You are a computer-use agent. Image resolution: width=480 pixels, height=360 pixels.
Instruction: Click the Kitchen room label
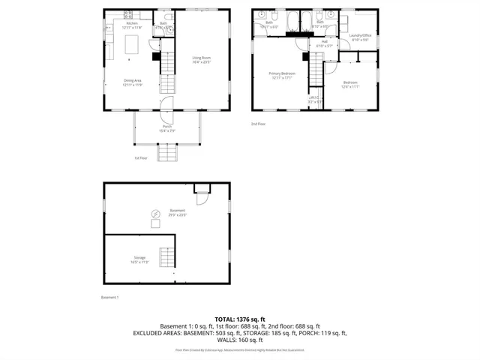point(132,24)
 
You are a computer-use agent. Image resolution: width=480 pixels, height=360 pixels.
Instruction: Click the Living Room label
point(201,59)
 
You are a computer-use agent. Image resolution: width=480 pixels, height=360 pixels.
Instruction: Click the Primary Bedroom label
point(282,74)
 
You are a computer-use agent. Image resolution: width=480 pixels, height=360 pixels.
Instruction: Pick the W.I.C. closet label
point(315,98)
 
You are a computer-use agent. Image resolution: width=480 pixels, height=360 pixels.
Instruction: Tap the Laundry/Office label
point(360,37)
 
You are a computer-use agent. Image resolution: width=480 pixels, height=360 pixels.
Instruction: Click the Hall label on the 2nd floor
point(325,43)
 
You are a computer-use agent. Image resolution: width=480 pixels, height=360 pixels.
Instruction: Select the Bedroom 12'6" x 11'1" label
point(351,84)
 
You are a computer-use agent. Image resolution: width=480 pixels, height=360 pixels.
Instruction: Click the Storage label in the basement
point(139,259)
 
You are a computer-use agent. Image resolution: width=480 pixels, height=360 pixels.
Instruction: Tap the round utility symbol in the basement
point(155,213)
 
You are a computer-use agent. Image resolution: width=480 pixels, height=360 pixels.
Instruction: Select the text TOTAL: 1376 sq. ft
point(239,319)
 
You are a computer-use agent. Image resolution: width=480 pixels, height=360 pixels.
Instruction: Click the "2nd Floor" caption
point(259,124)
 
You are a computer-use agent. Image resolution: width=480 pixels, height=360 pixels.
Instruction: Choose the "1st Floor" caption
point(141,158)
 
